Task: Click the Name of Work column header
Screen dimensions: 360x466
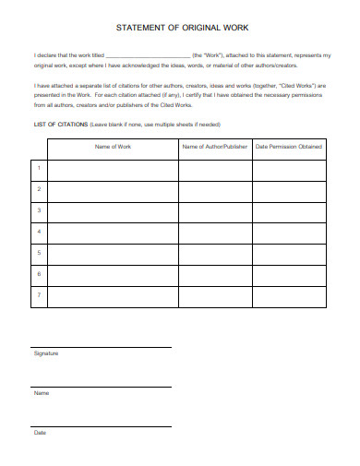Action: tap(111, 147)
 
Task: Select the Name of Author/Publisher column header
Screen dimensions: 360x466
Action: tap(213, 147)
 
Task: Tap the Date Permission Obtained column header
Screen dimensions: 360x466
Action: tap(287, 147)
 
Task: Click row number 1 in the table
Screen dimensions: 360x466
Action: tap(39, 169)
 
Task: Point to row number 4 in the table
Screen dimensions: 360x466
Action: tap(39, 231)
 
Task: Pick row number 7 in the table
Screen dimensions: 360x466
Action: tap(39, 294)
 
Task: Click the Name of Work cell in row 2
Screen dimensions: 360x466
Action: tap(112, 189)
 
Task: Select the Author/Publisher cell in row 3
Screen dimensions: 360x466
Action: tap(213, 210)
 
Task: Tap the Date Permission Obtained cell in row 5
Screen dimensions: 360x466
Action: tap(287, 252)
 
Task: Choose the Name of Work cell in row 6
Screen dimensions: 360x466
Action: tap(112, 273)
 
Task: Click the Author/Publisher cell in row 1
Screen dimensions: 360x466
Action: tap(213, 169)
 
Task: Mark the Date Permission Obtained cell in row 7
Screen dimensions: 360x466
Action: tap(287, 294)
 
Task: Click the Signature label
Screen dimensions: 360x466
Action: tap(46, 353)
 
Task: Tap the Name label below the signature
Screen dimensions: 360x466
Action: tap(42, 393)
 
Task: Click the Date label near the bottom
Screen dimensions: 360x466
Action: tap(41, 433)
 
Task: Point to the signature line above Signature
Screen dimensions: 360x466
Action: tap(102, 347)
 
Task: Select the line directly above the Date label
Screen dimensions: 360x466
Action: tap(102, 426)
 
